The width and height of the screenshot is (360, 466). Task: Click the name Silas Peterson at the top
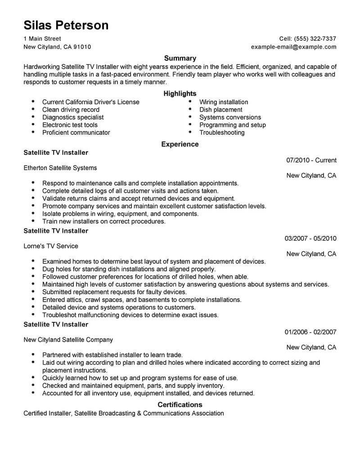[66, 25]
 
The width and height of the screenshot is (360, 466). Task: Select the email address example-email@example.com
[293, 47]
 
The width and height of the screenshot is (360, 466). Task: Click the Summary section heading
[180, 58]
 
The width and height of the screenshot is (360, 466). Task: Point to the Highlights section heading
[180, 94]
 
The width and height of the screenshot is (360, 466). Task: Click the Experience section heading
[180, 144]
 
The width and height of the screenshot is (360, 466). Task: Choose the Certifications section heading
[180, 404]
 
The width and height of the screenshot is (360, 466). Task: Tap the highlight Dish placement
[221, 109]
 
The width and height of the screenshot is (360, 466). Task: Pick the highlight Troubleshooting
[222, 132]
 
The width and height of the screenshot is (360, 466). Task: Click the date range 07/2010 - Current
[311, 160]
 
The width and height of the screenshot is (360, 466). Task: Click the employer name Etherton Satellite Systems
[60, 168]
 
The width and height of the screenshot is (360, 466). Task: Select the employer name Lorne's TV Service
[51, 246]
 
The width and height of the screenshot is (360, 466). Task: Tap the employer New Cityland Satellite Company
[68, 340]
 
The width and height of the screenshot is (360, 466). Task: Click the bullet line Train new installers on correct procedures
[104, 222]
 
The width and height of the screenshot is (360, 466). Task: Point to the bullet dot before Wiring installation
[190, 102]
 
